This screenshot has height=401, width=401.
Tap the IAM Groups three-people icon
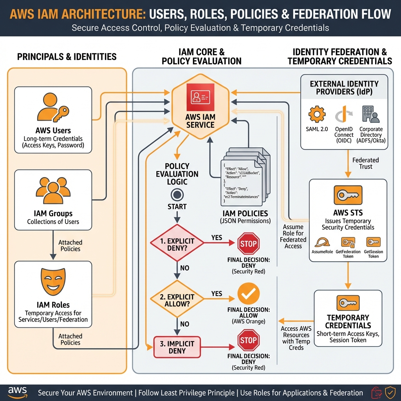click(53, 190)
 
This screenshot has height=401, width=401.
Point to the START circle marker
click(177, 195)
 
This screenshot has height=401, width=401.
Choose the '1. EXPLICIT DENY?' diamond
click(177, 243)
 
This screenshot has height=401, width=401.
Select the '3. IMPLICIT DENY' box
click(177, 347)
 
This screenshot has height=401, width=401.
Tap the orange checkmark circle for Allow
click(248, 294)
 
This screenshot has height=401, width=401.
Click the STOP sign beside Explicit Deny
click(248, 244)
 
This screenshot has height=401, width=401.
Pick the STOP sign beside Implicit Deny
click(248, 340)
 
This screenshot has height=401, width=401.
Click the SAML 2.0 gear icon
click(317, 115)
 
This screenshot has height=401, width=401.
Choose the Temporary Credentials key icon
click(348, 303)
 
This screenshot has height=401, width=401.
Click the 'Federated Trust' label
click(365, 163)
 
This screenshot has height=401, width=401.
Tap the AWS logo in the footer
click(18, 392)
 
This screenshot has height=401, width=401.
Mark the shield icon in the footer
click(390, 392)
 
